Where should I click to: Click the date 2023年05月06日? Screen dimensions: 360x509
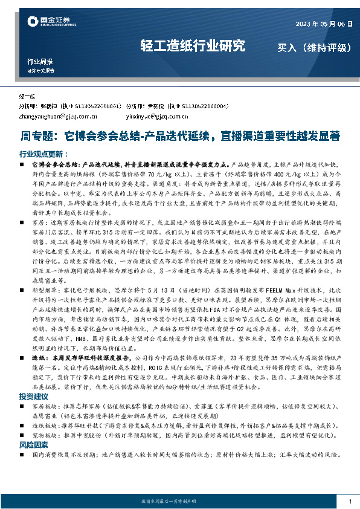coord(324,24)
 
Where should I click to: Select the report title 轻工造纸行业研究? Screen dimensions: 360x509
coord(193,45)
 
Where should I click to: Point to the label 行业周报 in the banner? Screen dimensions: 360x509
coord(40,62)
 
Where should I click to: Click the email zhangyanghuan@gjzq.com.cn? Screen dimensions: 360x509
coord(59,115)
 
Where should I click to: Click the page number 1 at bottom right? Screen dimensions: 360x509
coord(350,501)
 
